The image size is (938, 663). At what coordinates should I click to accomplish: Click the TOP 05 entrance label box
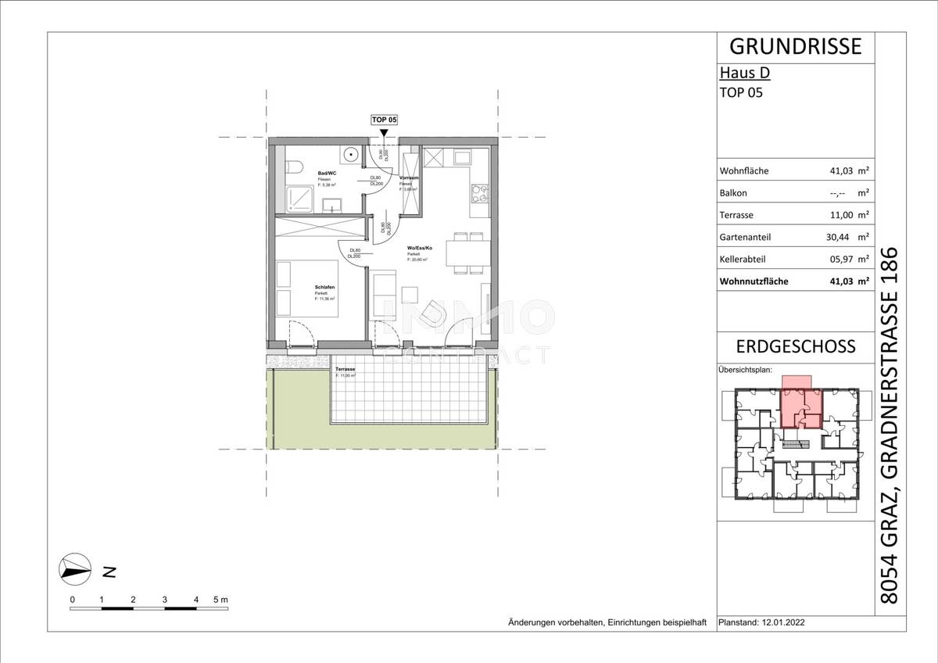click(384, 120)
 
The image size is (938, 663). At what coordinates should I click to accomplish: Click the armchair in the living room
click(431, 314)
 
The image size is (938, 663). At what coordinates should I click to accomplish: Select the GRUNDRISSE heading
click(795, 46)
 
